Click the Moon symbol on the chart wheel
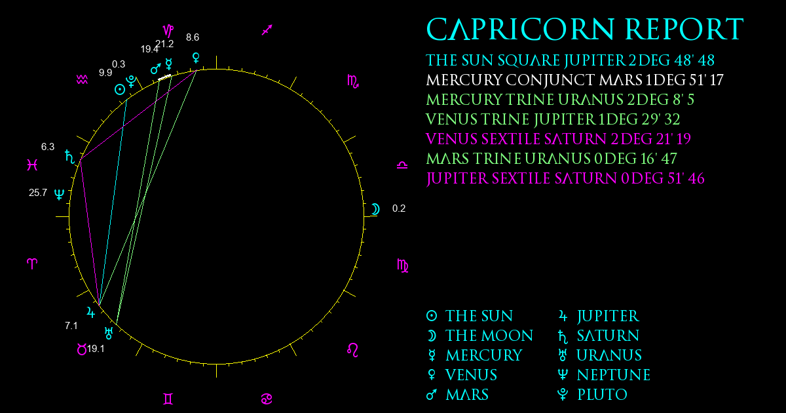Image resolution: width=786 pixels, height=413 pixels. tap(376, 209)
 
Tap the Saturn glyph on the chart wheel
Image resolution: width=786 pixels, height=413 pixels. tap(70, 157)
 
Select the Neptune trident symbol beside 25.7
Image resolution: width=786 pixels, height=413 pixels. tap(60, 194)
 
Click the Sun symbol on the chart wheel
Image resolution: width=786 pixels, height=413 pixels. tap(120, 90)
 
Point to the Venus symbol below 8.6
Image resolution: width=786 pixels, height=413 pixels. tap(196, 58)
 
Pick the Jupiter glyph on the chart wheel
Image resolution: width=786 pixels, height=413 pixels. tap(91, 312)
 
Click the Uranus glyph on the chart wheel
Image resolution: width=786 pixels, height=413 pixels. tap(109, 333)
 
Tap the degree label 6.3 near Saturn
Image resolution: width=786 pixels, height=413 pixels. tap(48, 147)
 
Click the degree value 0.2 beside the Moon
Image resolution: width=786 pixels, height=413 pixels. tap(399, 208)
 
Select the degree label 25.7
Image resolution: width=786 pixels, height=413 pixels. tap(38, 193)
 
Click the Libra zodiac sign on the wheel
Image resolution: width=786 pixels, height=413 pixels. tap(402, 165)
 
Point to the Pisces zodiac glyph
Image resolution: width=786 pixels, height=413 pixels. tap(32, 165)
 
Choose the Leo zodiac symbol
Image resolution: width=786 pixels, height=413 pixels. tap(352, 350)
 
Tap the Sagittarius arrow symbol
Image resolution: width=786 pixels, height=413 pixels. tap(267, 30)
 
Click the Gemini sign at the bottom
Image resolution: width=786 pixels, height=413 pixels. tap(168, 399)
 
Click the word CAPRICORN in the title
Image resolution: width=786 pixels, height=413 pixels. tap(520, 29)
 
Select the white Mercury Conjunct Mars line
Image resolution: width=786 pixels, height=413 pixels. tap(574, 80)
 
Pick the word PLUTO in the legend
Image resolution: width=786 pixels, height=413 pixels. tap(602, 395)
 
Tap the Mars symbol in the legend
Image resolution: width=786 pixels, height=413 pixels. tap(432, 395)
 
